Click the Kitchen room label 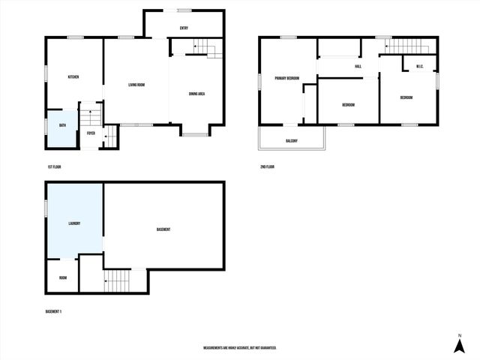[x=73, y=77]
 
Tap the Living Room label [x=136, y=85]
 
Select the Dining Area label [x=197, y=94]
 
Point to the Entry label [x=184, y=28]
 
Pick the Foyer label [x=91, y=133]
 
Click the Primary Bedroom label [x=286, y=78]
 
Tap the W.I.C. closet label [x=420, y=67]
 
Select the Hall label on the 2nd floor [x=358, y=67]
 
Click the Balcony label [x=292, y=142]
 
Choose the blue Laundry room [x=74, y=223]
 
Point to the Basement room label [x=163, y=229]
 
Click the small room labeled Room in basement [x=63, y=277]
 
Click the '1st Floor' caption [x=54, y=166]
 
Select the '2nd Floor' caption [x=267, y=166]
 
